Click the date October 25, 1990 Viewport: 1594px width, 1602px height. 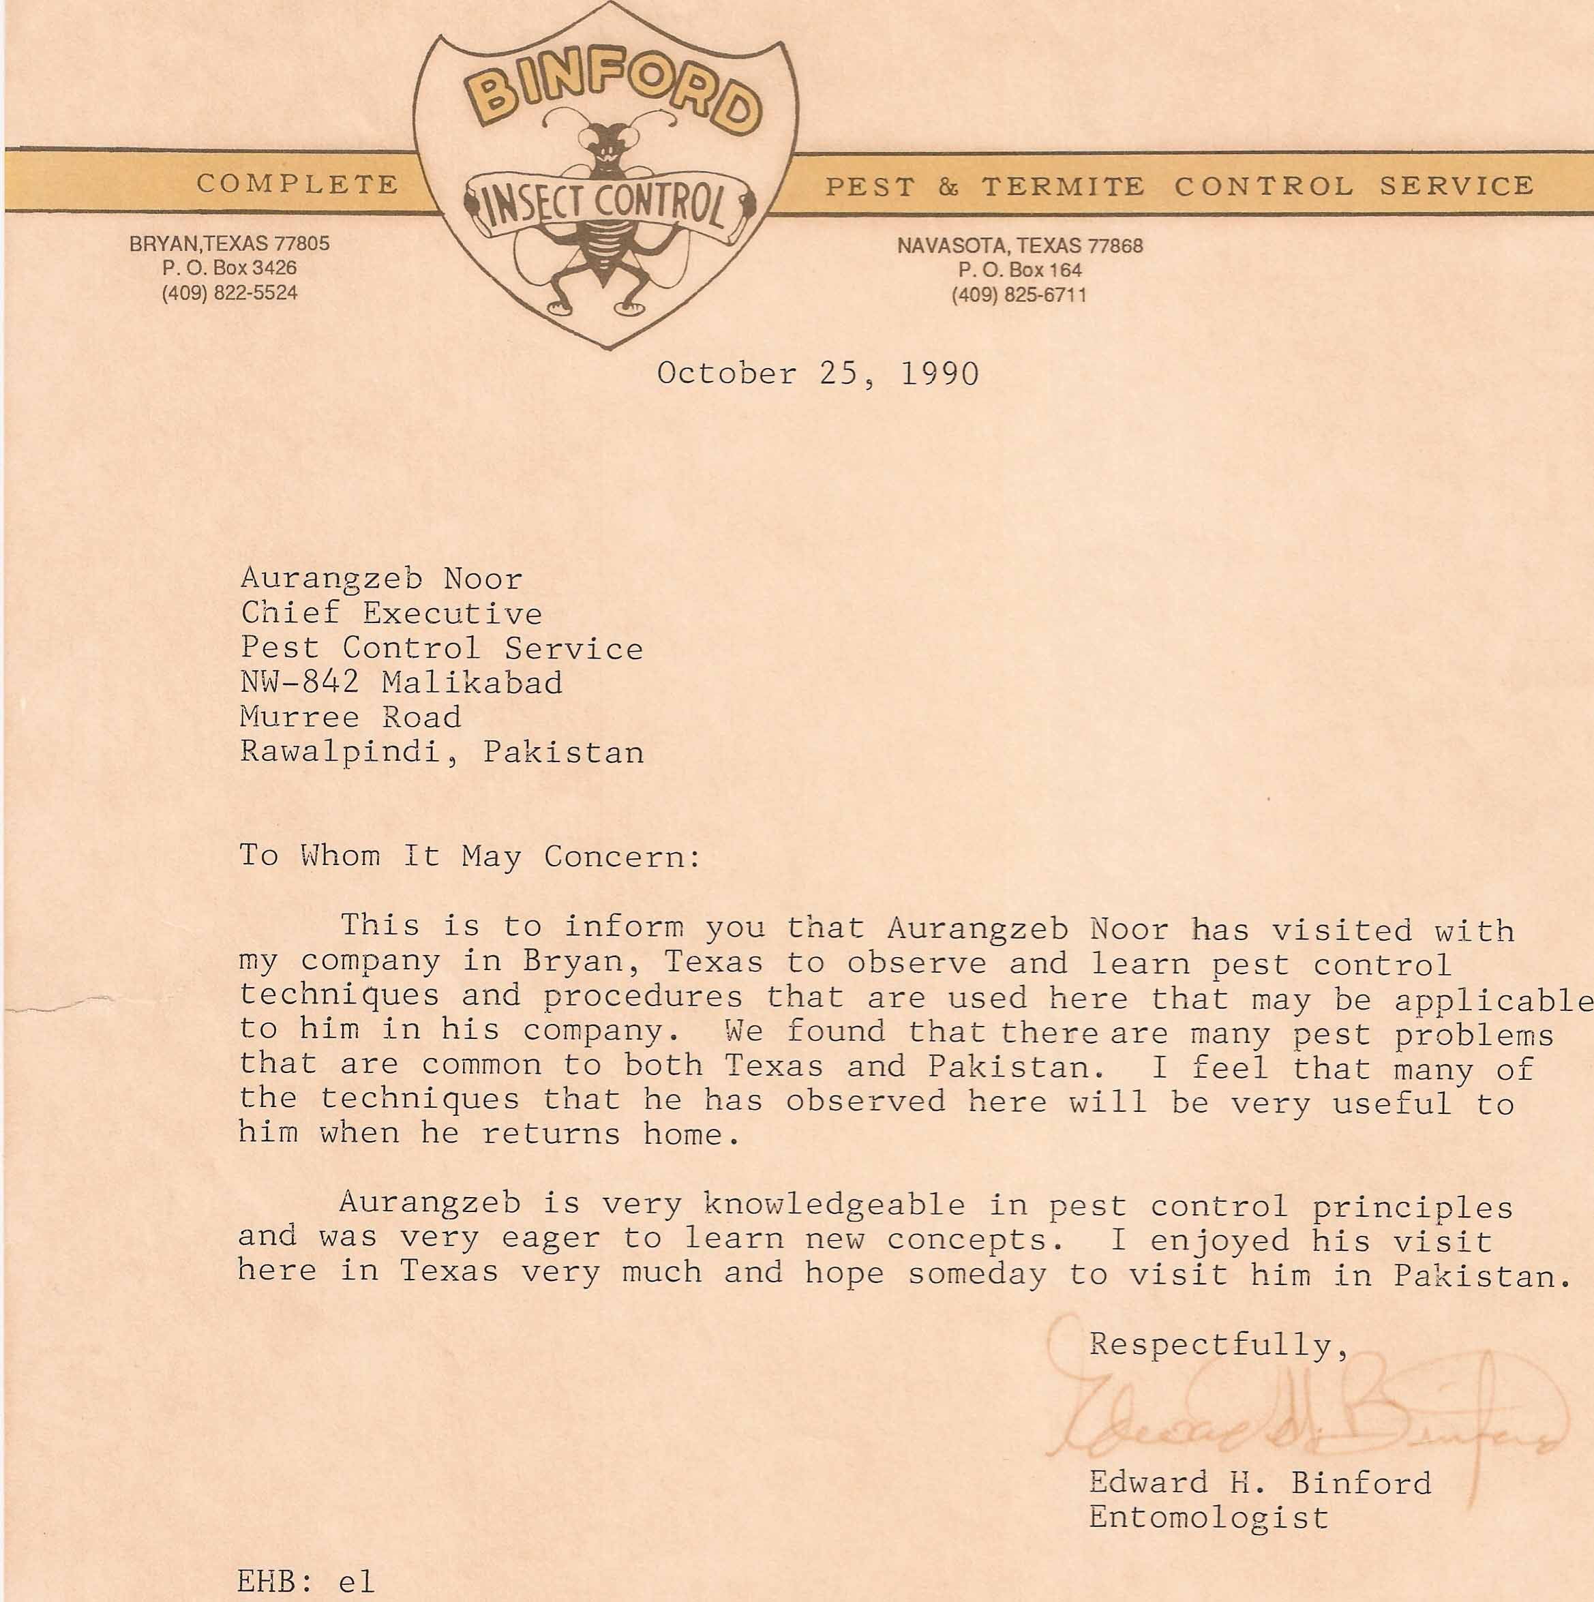[x=817, y=374]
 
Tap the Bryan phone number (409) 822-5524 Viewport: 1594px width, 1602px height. [x=230, y=292]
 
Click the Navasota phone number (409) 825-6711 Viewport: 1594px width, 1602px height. [x=1019, y=295]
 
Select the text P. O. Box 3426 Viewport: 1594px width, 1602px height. [x=230, y=268]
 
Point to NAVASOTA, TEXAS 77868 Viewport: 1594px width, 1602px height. [x=1020, y=245]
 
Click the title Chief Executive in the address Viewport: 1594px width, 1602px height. [x=391, y=614]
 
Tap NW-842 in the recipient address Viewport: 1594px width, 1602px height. [x=299, y=682]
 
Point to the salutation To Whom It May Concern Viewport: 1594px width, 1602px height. [x=470, y=856]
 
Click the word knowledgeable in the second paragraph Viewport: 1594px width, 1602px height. [x=834, y=1204]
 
